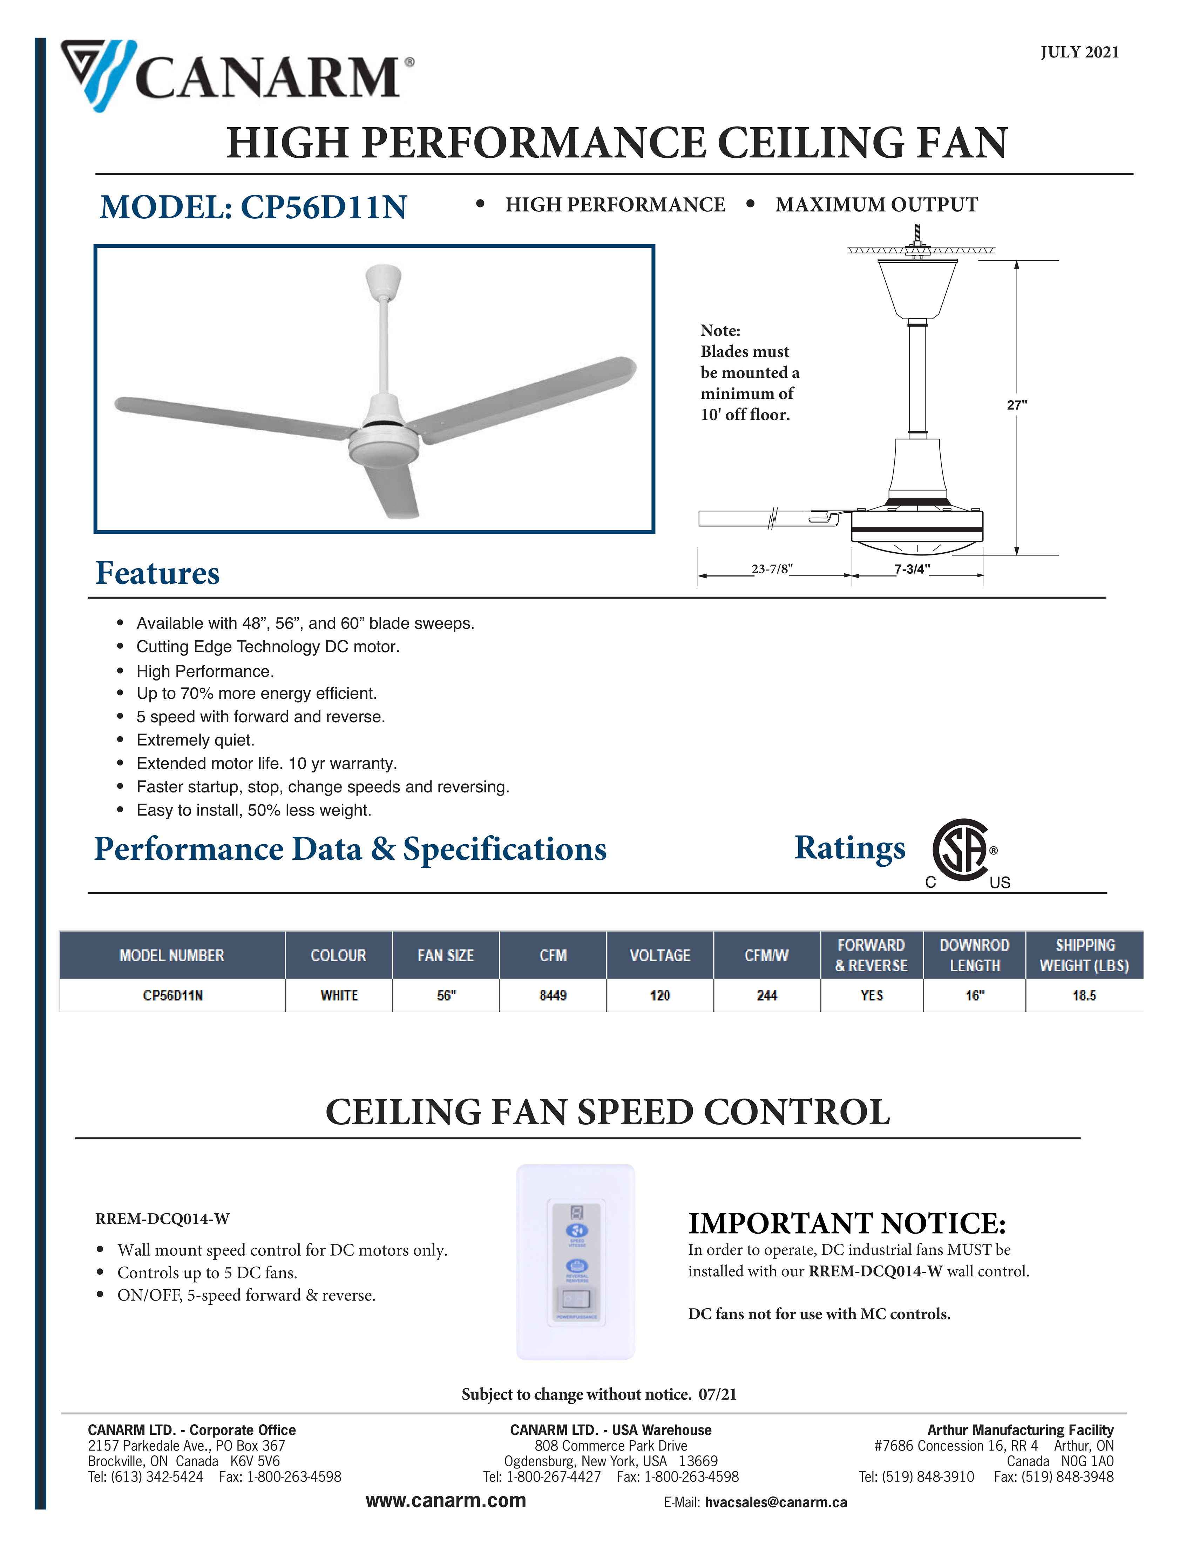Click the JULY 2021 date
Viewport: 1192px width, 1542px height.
(x=1079, y=52)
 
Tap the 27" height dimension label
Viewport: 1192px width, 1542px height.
(x=1017, y=404)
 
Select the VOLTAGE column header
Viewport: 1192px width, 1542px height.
(x=659, y=955)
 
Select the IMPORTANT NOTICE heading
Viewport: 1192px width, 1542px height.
(x=847, y=1223)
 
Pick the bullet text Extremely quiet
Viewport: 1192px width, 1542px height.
(x=196, y=740)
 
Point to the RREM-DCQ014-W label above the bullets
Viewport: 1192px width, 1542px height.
(x=162, y=1219)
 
